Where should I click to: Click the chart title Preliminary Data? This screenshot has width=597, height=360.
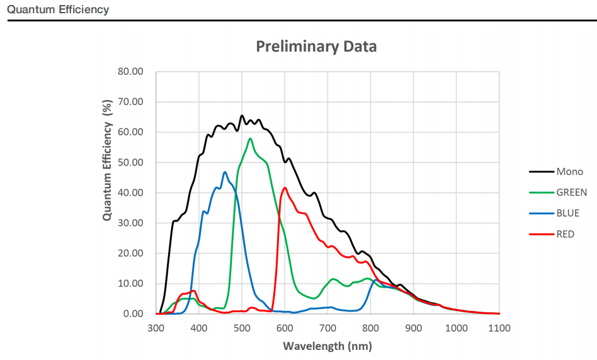coord(316,46)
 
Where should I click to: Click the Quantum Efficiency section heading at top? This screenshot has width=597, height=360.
coord(58,9)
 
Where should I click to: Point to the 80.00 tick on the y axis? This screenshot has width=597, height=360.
coord(131,72)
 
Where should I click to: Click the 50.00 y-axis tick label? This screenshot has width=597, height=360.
coord(131,162)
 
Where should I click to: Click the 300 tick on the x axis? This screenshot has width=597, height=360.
coord(156,328)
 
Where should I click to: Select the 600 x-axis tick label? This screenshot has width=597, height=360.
coord(285,328)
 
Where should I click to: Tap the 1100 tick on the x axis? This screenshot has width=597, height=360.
coord(499,328)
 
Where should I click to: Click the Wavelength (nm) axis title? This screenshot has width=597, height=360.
coord(327,346)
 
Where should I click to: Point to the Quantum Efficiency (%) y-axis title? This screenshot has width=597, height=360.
coord(107,160)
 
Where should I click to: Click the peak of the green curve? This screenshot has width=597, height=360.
coord(250,138)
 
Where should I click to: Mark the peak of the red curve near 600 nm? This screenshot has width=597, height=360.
coord(285,188)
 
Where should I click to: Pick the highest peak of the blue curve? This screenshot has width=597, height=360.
coord(225,172)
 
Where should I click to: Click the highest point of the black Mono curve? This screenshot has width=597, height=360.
coord(242,116)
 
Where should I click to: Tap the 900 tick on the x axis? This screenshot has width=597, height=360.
coord(413,328)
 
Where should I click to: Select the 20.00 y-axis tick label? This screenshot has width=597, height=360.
coord(131,253)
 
